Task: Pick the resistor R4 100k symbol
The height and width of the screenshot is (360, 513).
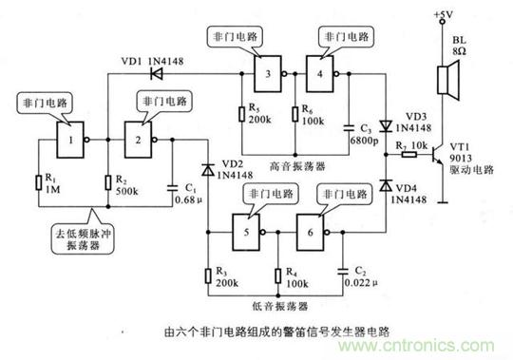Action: (269, 277)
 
